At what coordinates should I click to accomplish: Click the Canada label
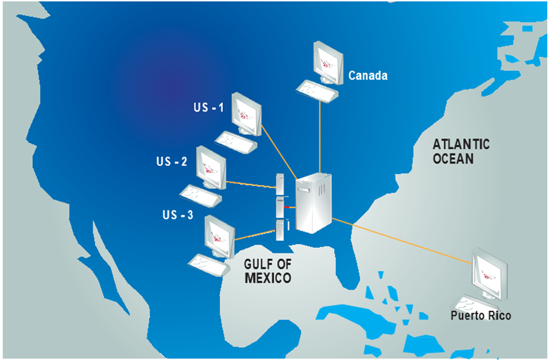click(367, 76)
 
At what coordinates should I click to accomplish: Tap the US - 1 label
click(208, 108)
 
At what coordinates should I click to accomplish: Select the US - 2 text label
click(172, 162)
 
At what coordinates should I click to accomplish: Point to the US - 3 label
click(177, 215)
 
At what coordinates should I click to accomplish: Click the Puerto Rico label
click(481, 315)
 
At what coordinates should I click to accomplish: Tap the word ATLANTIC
click(461, 145)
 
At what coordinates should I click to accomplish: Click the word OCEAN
click(453, 158)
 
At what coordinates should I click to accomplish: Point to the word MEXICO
click(268, 278)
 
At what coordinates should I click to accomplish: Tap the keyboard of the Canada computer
click(316, 91)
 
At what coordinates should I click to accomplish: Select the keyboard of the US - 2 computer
click(200, 194)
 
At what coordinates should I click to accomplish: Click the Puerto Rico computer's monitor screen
click(491, 274)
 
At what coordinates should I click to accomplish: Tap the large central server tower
click(315, 203)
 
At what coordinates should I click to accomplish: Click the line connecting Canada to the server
click(321, 136)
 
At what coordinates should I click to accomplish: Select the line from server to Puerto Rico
click(405, 241)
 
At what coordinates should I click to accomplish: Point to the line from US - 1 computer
click(279, 152)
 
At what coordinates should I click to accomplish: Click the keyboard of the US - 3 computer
click(209, 264)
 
